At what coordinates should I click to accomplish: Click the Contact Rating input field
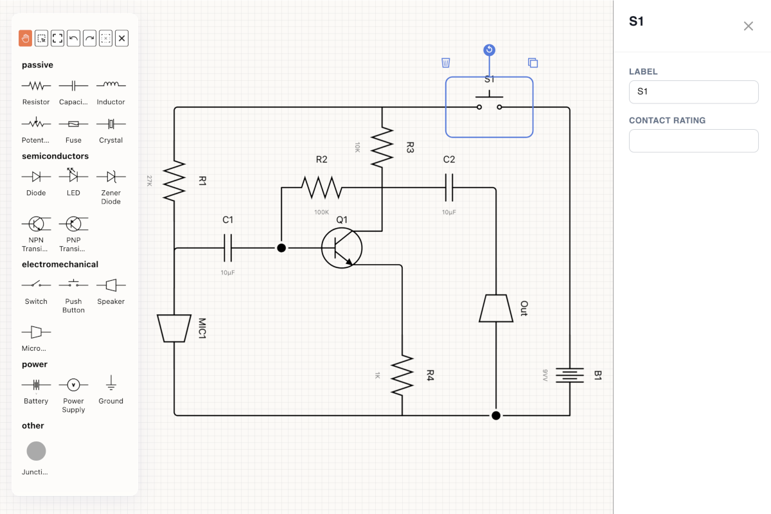click(693, 141)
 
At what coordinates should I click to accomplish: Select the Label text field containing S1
click(693, 92)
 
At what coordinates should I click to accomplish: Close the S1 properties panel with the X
click(748, 26)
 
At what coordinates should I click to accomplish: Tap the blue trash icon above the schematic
click(445, 63)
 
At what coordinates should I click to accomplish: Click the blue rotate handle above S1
click(489, 50)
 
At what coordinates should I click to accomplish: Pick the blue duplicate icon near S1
click(533, 63)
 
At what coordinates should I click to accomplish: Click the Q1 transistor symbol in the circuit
click(341, 248)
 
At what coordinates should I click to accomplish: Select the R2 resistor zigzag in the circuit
click(321, 188)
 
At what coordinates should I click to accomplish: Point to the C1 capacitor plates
click(227, 248)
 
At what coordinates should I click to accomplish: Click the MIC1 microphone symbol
click(174, 328)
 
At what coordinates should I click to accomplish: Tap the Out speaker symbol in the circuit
click(496, 308)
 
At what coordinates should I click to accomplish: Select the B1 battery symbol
click(570, 375)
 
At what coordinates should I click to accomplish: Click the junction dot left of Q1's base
click(281, 248)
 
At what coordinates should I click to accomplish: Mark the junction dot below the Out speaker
click(496, 416)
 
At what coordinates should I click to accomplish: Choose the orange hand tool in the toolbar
click(25, 38)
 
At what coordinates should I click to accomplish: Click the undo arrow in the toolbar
click(73, 38)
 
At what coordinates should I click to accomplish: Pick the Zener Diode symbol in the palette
click(111, 177)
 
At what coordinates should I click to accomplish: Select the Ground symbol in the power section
click(111, 383)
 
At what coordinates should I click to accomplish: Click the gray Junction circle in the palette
click(36, 451)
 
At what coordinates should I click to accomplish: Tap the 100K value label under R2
click(321, 212)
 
